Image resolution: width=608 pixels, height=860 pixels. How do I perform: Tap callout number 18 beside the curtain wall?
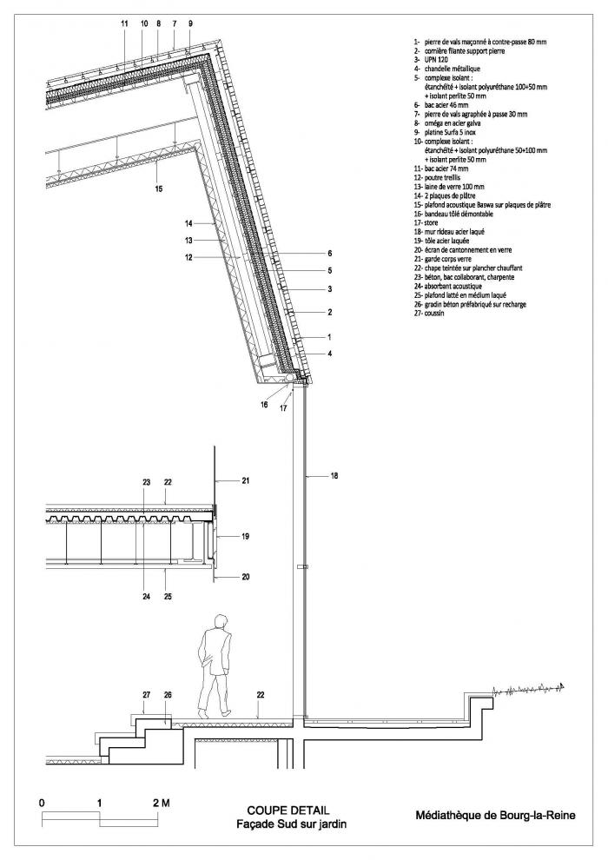335,476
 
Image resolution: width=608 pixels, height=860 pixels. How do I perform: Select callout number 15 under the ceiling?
158,188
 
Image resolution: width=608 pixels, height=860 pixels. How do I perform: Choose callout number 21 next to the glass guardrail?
245,480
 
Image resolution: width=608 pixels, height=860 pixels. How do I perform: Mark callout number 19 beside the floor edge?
245,538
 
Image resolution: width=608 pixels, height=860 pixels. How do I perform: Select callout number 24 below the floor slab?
146,596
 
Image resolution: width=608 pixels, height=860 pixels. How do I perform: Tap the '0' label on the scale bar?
43,804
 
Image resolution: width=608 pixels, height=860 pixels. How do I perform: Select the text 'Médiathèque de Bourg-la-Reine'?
495,815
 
